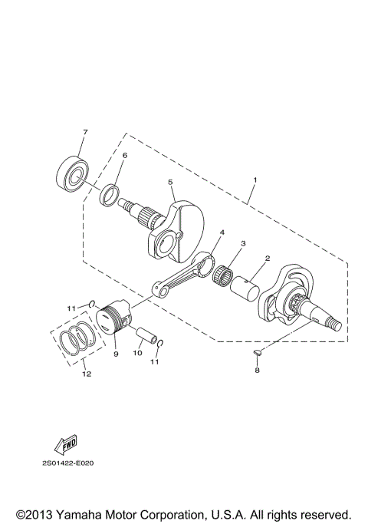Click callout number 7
(x=85, y=132)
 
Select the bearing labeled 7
(x=74, y=176)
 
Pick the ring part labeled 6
(x=111, y=194)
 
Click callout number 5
(x=172, y=182)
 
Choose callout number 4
(x=222, y=232)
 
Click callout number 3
(x=242, y=243)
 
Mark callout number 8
(x=258, y=370)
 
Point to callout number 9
(x=116, y=354)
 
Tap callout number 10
(x=137, y=354)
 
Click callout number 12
(x=86, y=374)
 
